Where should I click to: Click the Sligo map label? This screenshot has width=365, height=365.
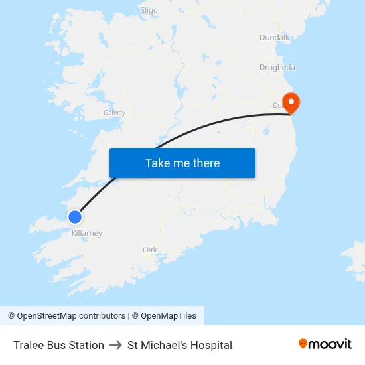pos(149,10)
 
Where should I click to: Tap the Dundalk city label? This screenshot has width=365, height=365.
pos(275,38)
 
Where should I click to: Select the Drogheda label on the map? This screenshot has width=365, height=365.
pos(277,68)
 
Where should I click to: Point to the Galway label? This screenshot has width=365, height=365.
pos(114,113)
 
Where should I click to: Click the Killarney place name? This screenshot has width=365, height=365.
pos(87,234)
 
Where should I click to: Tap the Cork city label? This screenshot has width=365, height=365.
pos(149,250)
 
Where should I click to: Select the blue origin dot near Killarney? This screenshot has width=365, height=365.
pos(75,216)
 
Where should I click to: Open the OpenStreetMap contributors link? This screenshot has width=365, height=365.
pos(71,316)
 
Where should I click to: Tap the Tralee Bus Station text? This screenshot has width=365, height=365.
pos(58,345)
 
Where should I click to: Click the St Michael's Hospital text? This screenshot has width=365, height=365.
pos(180,345)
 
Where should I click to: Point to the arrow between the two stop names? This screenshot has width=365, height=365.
pos(115,345)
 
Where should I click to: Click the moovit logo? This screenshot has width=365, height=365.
pos(325,344)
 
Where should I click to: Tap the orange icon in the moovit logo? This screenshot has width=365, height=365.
pos(303,344)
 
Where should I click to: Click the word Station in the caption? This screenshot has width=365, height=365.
pos(86,345)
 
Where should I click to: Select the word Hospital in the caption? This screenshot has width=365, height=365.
pos(210,345)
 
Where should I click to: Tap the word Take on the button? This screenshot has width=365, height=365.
pos(157,163)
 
